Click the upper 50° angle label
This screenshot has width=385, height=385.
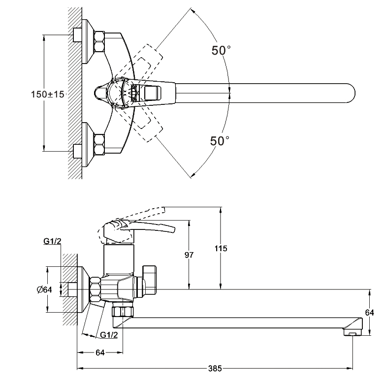221,50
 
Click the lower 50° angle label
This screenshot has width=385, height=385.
220,141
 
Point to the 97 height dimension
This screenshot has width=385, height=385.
189,255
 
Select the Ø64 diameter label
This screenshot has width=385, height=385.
45,289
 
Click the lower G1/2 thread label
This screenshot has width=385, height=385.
108,335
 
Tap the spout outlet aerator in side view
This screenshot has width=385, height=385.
351,333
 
